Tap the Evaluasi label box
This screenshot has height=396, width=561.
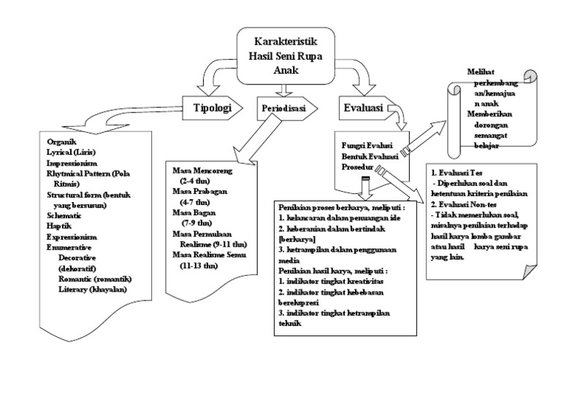coord(364,109)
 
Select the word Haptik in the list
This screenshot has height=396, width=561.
coord(60,226)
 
